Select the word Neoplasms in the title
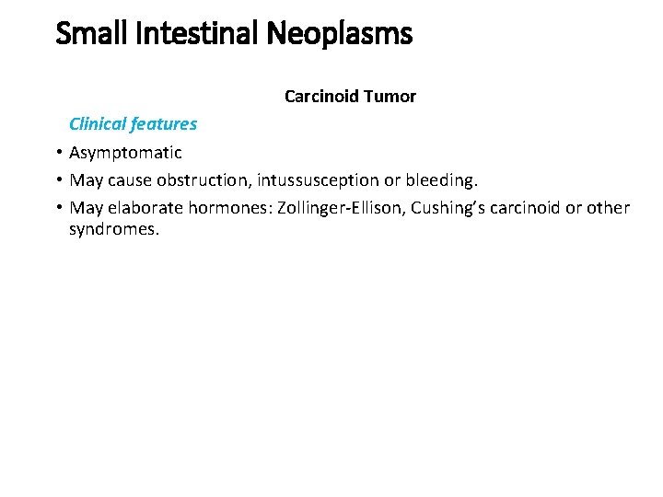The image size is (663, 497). [x=340, y=34]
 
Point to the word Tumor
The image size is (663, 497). [x=391, y=96]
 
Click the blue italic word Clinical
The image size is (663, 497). [x=99, y=123]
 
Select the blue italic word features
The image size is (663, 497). [x=165, y=123]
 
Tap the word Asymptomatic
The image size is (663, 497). [x=125, y=152]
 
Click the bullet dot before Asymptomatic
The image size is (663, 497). [x=57, y=152]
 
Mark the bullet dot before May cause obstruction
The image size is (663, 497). [x=57, y=180]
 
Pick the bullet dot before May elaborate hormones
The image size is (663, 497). [x=57, y=208]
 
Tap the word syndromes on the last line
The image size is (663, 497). [x=114, y=229]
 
